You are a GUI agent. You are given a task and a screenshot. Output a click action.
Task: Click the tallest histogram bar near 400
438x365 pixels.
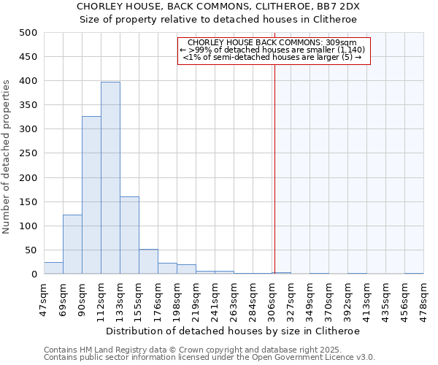click(110, 178)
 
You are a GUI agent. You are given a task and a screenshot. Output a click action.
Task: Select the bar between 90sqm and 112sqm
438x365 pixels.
click(91, 196)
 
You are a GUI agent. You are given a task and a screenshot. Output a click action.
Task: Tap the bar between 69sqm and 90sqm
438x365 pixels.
click(72, 245)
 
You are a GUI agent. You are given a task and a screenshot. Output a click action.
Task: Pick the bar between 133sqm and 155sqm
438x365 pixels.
click(129, 235)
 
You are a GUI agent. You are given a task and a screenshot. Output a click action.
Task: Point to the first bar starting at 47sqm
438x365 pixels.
click(53, 268)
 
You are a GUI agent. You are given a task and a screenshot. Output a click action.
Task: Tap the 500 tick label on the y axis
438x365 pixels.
click(28, 33)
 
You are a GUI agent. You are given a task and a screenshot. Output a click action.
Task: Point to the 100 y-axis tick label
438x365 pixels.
click(28, 226)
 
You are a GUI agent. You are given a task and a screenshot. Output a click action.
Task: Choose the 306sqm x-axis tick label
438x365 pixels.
click(272, 299)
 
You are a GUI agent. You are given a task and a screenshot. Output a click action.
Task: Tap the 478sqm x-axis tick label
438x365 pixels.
click(423, 299)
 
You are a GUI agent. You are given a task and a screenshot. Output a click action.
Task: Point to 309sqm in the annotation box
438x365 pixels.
click(343, 42)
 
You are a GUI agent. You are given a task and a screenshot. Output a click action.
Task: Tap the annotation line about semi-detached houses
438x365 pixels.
click(272, 57)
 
